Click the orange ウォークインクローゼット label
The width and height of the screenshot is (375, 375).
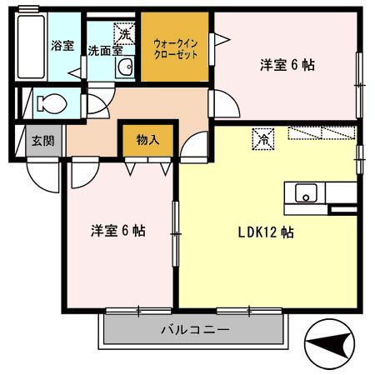click(174, 47)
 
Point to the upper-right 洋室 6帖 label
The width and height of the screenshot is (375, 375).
click(286, 64)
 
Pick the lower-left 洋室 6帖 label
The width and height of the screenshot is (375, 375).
click(117, 230)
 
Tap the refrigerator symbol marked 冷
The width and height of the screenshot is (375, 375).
click(263, 137)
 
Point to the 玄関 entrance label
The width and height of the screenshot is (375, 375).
click(42, 140)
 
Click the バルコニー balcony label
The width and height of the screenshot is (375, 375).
click(194, 331)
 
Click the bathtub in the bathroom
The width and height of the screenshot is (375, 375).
click(30, 46)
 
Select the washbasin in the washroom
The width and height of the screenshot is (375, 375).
click(125, 68)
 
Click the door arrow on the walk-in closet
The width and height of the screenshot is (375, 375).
click(221, 39)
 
